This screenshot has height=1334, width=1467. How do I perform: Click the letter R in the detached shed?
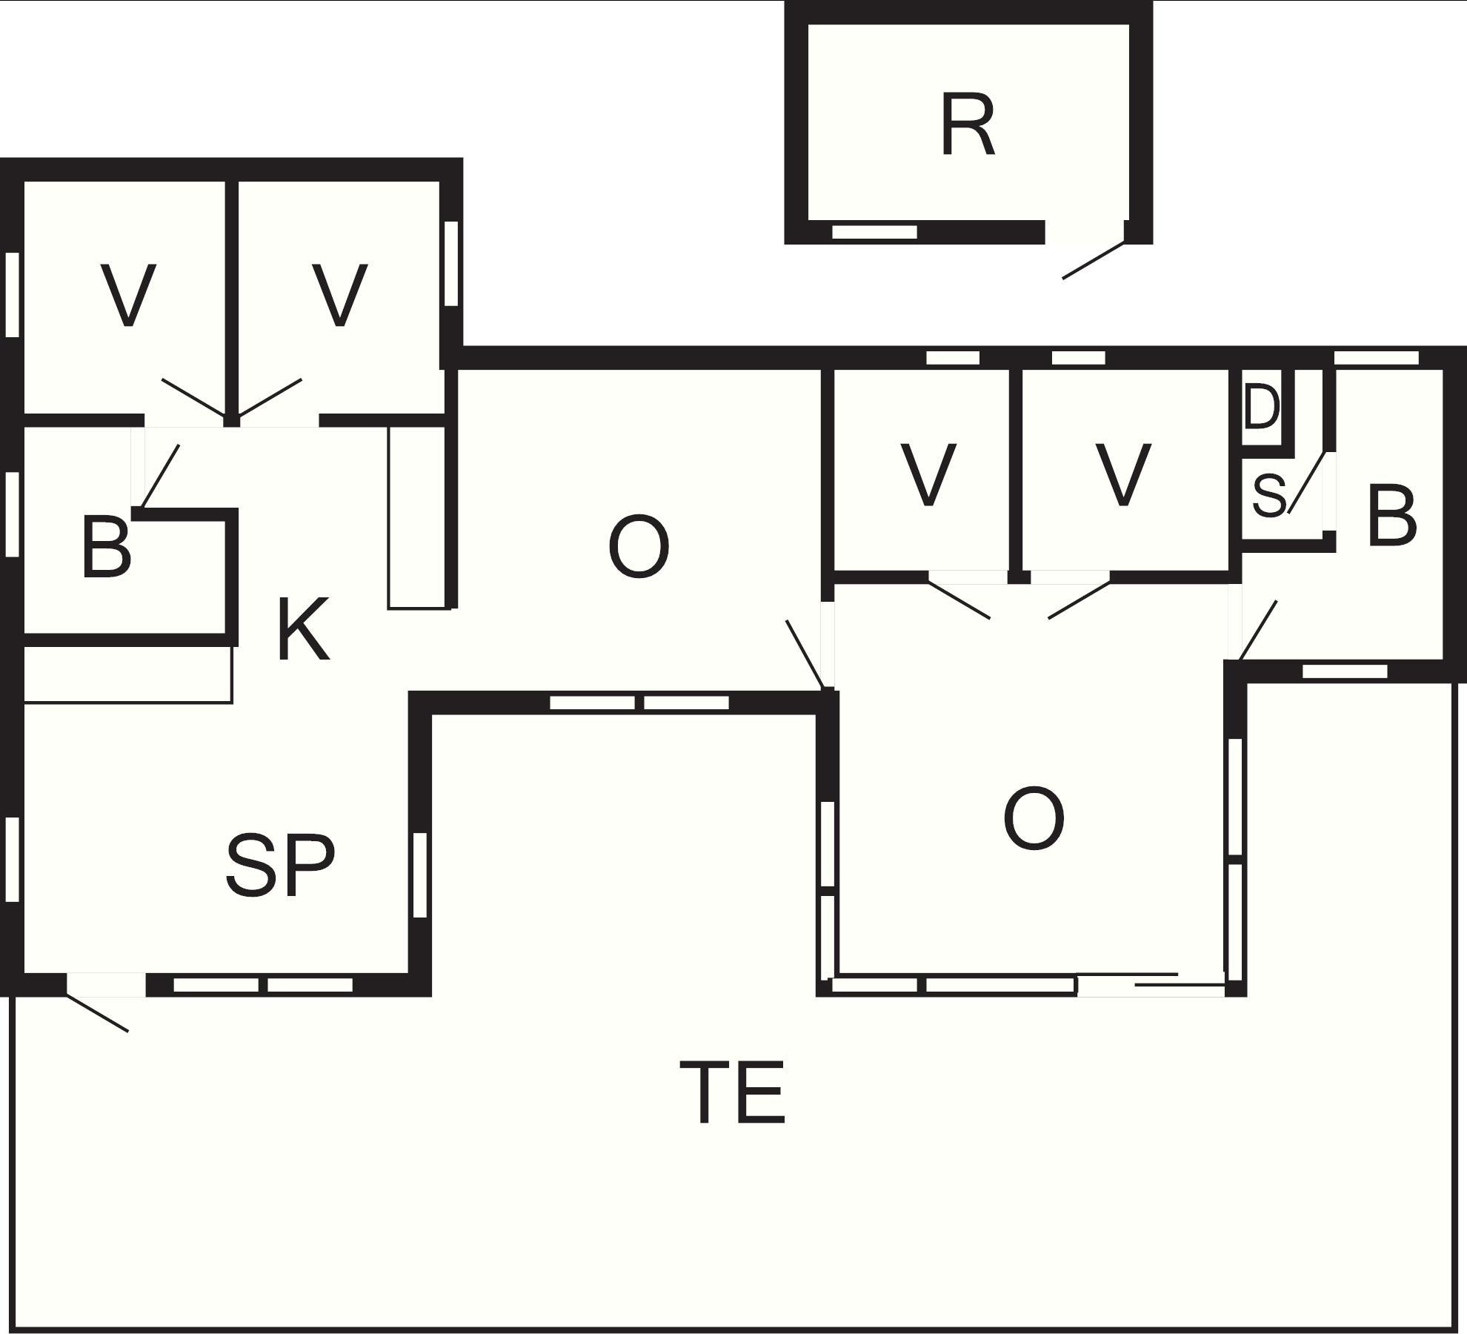tap(968, 126)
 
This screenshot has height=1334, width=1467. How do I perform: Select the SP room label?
tap(280, 864)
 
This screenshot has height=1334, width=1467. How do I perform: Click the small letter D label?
tap(1261, 408)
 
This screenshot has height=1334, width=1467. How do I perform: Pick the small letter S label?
tap(1268, 496)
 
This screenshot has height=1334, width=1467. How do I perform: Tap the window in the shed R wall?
tap(874, 232)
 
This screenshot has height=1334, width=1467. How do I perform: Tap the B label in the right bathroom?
tap(1392, 517)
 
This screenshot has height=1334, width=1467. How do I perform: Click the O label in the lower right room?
tap(1034, 819)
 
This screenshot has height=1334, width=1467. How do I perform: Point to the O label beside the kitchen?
tap(638, 548)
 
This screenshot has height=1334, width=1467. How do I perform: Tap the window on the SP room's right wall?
tap(419, 875)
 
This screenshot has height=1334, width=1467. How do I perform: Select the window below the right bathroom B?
tap(1344, 671)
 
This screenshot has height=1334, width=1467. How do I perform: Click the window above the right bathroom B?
tap(1376, 358)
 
